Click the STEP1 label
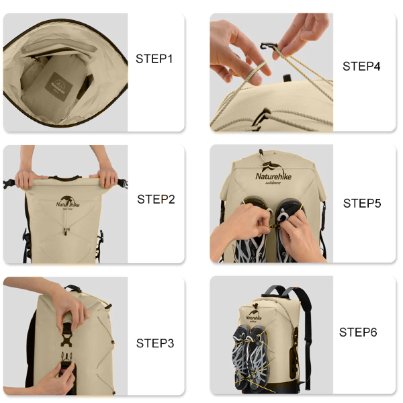(154, 59)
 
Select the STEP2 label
(156, 199)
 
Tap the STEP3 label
(155, 343)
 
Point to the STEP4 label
(361, 66)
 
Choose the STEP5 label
(362, 203)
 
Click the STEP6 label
(358, 332)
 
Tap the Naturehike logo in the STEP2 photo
(65, 203)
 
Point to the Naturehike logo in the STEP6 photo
(254, 316)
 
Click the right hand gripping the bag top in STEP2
(105, 179)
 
